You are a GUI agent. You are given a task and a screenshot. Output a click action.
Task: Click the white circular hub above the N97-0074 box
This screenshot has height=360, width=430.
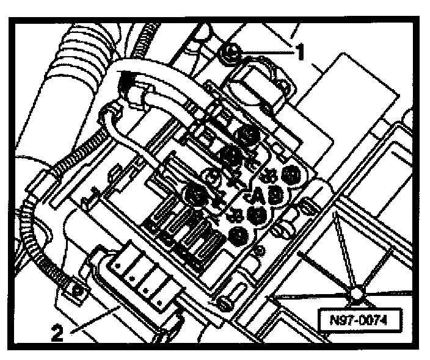[355, 295]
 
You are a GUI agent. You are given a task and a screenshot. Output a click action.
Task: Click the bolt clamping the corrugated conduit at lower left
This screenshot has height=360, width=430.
[78, 291]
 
